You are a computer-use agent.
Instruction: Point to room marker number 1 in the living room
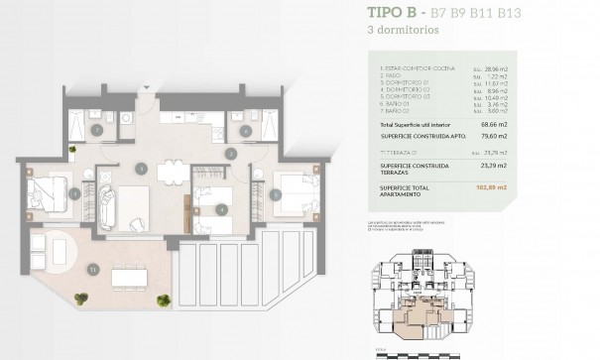[142, 170]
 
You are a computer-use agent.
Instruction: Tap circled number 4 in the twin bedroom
[222, 208]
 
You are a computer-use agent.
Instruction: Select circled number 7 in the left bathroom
[97, 129]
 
